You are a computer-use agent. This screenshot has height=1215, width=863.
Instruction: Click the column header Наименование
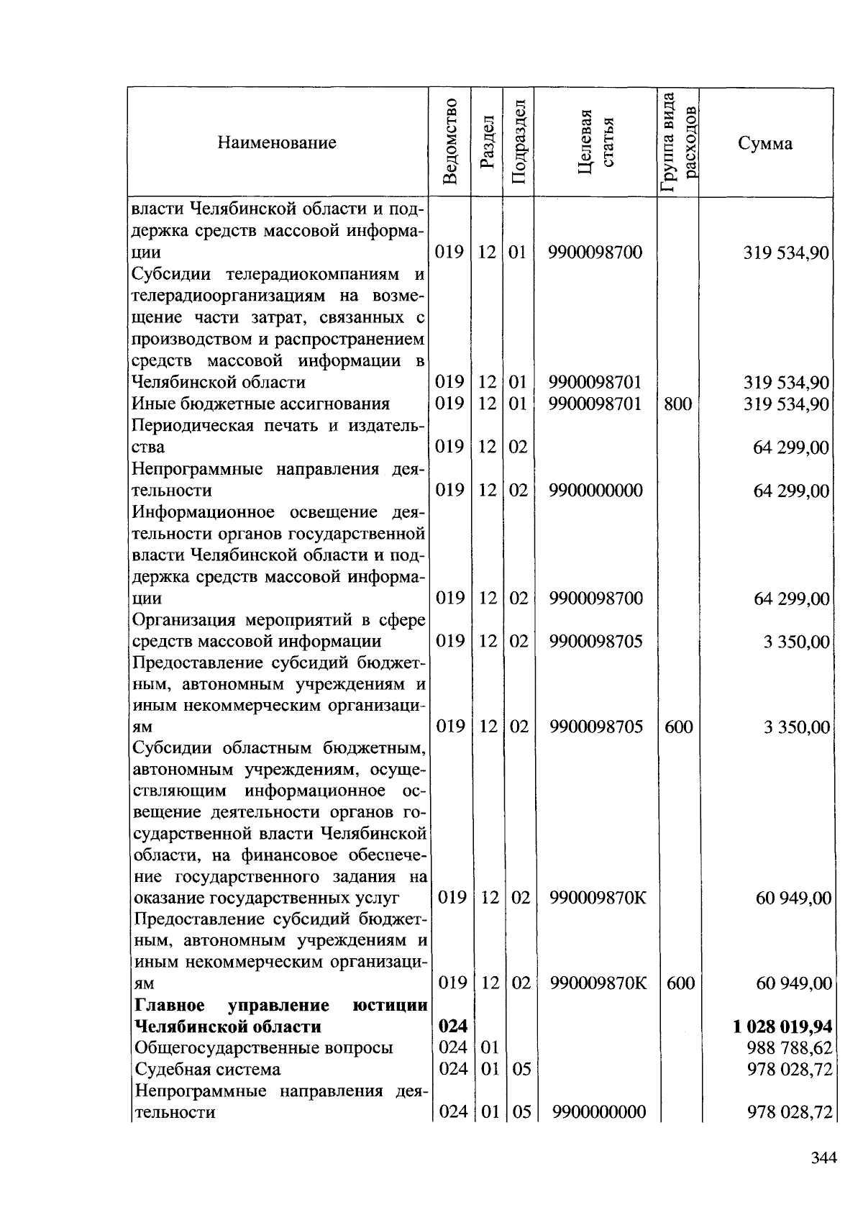tap(277, 142)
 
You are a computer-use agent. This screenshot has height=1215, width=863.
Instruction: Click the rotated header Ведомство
tap(450, 142)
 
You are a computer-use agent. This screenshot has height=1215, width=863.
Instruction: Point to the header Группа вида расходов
tap(678, 142)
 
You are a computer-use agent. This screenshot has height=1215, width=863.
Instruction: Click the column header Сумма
tap(765, 143)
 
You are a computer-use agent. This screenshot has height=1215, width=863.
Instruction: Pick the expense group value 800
tap(677, 404)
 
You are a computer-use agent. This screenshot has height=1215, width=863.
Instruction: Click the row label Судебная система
tap(208, 1070)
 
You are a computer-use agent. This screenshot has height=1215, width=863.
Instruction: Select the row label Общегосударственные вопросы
tap(264, 1048)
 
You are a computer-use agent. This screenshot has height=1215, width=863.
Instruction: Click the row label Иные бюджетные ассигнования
tap(261, 404)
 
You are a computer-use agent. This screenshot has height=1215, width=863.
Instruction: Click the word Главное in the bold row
tap(169, 1005)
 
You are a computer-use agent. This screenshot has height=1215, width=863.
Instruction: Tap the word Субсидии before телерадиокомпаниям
tap(171, 275)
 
